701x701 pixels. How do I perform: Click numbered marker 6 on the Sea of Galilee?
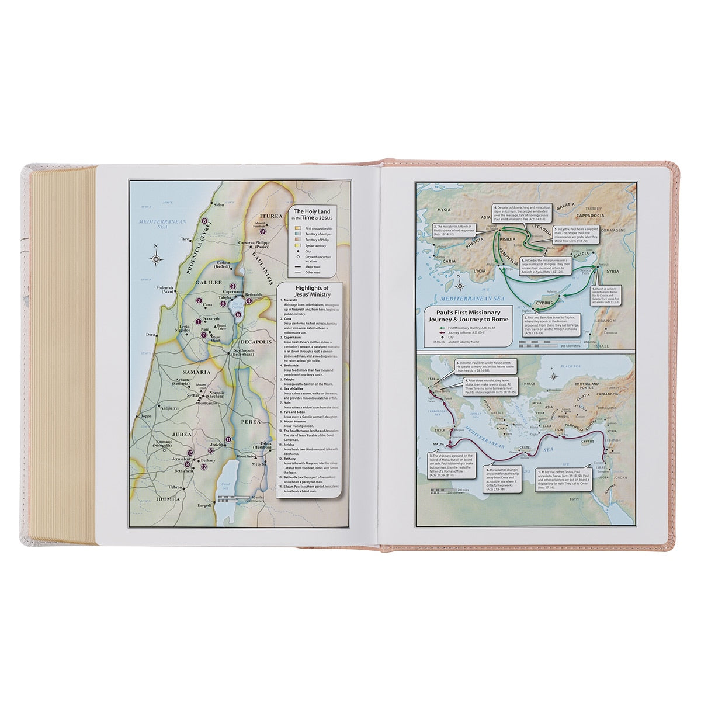(x=238, y=314)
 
